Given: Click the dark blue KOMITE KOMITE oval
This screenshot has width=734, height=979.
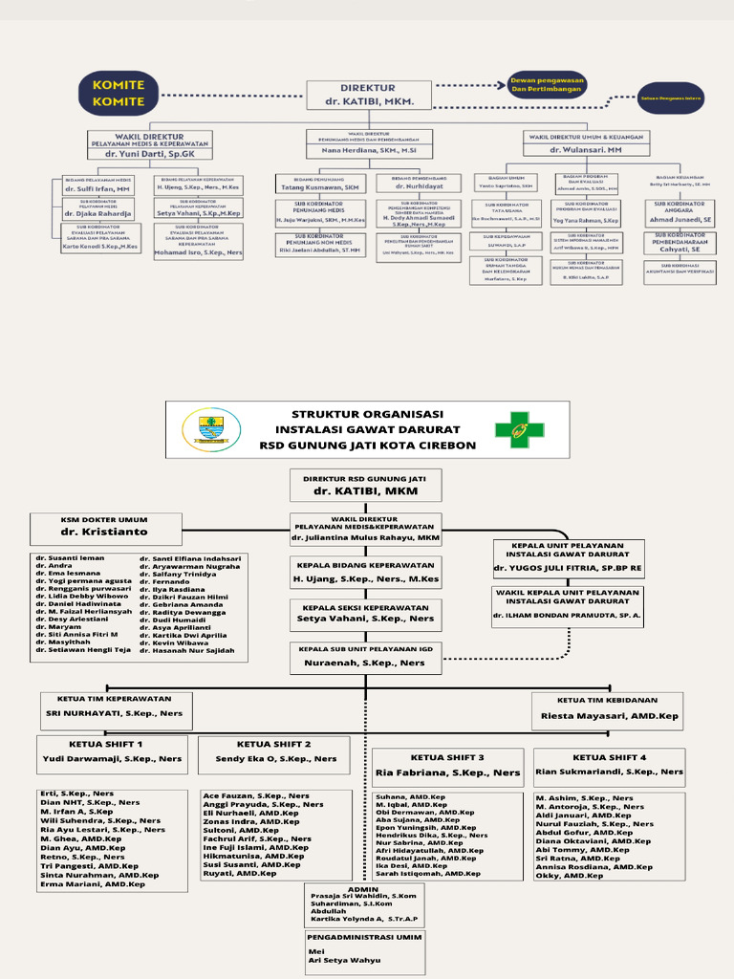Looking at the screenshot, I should [x=119, y=93].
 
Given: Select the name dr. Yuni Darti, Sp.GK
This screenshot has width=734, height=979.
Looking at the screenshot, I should [x=149, y=152].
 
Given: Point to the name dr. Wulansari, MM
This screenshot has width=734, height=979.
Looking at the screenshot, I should [x=586, y=150].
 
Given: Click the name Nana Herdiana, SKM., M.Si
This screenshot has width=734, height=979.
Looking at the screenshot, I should [x=369, y=150].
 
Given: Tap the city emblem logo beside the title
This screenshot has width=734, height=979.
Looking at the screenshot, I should [x=211, y=429].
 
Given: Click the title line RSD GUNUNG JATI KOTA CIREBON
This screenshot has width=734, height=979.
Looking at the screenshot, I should [x=368, y=445].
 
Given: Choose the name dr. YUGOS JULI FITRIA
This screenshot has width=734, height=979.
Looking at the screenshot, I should [x=568, y=568].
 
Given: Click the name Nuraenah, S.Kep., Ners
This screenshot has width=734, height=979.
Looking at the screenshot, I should [x=365, y=662].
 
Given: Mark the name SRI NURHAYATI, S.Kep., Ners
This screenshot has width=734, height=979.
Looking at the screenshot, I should [x=114, y=713].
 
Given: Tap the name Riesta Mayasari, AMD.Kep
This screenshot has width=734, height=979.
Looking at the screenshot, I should [x=609, y=715].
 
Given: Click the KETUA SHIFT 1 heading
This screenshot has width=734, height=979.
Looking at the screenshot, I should [x=106, y=743].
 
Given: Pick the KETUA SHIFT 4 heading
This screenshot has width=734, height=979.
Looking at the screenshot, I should [x=609, y=756].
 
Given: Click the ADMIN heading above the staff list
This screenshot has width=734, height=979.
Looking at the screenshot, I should [x=364, y=888].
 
